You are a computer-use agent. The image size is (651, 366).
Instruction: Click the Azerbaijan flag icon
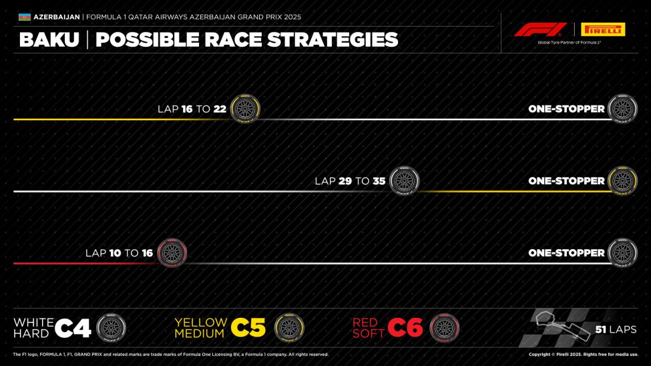tap(24, 17)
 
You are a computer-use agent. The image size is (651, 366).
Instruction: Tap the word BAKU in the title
tap(49, 40)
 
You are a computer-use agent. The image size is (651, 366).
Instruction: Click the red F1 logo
tap(540, 29)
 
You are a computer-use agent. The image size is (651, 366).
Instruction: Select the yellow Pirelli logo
tap(603, 29)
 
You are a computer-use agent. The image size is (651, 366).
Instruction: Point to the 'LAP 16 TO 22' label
tap(192, 109)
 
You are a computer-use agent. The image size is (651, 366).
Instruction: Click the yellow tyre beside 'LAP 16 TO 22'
tap(245, 109)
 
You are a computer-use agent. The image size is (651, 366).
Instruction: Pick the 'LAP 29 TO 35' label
tap(350, 181)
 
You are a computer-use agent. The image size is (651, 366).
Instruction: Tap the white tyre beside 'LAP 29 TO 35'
tap(404, 181)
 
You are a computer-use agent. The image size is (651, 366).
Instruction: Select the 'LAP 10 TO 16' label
tap(119, 253)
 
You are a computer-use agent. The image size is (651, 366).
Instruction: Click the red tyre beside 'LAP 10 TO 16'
tap(172, 253)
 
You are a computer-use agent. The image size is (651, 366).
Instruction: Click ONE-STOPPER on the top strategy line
tap(566, 109)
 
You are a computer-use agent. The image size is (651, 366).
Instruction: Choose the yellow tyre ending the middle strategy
tap(622, 181)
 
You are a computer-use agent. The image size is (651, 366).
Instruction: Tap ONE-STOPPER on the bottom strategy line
tap(566, 253)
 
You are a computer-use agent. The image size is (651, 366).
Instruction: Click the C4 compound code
tap(73, 327)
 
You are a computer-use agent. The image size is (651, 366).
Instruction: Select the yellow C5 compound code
tap(248, 327)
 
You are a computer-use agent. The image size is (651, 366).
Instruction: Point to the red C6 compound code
tap(405, 327)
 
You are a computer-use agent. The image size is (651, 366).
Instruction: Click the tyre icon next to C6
tap(444, 327)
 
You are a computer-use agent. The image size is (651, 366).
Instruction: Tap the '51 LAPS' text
tap(616, 329)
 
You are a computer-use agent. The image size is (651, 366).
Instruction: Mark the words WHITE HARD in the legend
tap(32, 327)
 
